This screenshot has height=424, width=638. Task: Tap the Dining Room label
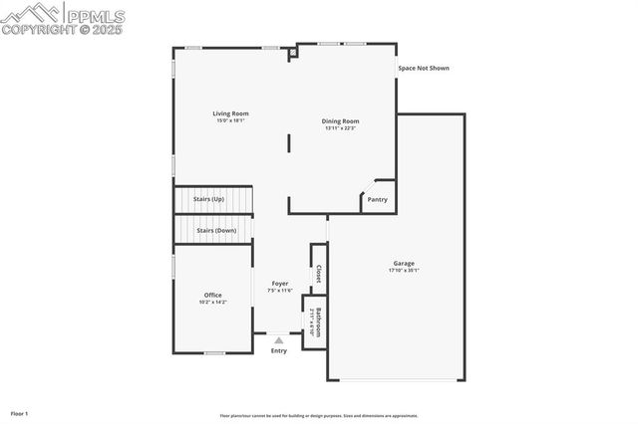[x=340, y=120]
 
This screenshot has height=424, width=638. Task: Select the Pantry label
[x=377, y=199]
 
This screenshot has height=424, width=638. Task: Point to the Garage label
[x=404, y=263]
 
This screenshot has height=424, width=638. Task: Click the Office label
[x=212, y=295]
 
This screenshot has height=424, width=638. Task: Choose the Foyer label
[x=280, y=284]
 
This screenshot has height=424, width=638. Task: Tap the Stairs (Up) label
[x=210, y=199]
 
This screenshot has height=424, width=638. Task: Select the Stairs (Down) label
[x=216, y=230]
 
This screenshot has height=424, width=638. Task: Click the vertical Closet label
[x=318, y=274]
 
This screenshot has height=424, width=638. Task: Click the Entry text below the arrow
[x=279, y=350]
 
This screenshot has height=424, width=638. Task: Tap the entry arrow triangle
[x=279, y=339]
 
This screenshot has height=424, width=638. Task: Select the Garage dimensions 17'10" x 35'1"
[x=404, y=271]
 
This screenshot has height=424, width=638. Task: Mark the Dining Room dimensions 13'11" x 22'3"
[x=340, y=127]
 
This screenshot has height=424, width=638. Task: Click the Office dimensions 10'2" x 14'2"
[x=212, y=302]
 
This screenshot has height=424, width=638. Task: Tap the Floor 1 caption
[x=19, y=412]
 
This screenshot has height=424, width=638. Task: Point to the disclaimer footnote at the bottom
[x=319, y=416]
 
